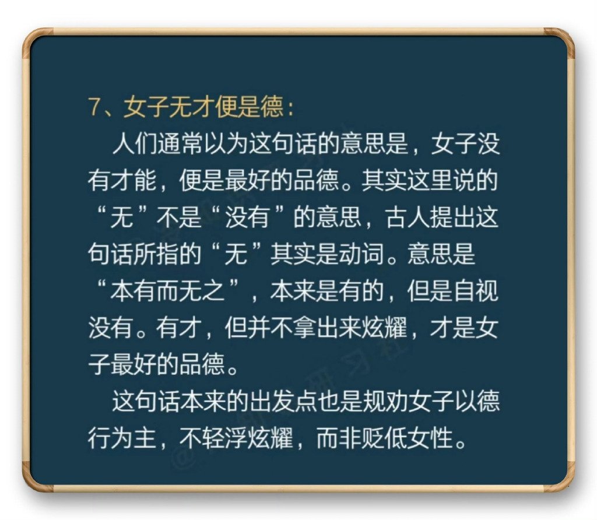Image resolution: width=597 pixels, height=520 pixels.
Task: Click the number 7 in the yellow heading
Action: coord(94,107)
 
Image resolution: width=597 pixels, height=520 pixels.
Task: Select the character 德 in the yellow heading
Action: coord(272,107)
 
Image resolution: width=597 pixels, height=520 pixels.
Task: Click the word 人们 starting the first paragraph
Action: coord(135,143)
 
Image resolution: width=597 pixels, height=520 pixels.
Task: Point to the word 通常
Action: coord(180,143)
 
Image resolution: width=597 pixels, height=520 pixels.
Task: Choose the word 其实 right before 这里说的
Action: coord(384,181)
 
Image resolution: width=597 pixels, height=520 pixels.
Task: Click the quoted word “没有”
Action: coord(247,217)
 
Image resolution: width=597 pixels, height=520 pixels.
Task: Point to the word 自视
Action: coord(476,291)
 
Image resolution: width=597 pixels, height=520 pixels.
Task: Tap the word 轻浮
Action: coord(224,438)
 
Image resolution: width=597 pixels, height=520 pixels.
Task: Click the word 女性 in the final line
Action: coord(430,438)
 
